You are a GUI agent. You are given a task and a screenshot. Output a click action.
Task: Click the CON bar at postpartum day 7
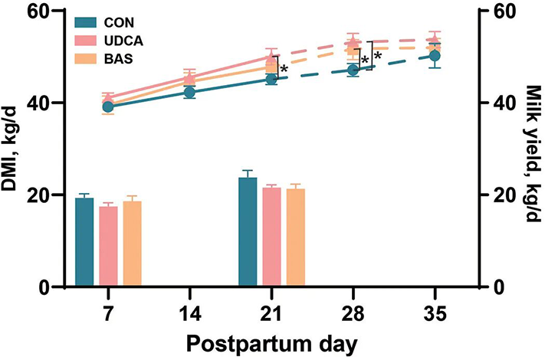[x=84, y=243]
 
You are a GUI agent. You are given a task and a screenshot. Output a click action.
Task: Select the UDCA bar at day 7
[x=108, y=247]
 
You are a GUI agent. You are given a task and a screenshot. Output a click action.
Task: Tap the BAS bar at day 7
[x=132, y=244]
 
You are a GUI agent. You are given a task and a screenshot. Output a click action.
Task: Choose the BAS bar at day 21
[x=295, y=237]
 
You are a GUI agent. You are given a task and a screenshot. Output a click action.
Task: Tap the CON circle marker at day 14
[x=190, y=92]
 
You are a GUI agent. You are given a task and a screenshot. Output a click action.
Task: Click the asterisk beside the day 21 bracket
[x=284, y=70]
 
